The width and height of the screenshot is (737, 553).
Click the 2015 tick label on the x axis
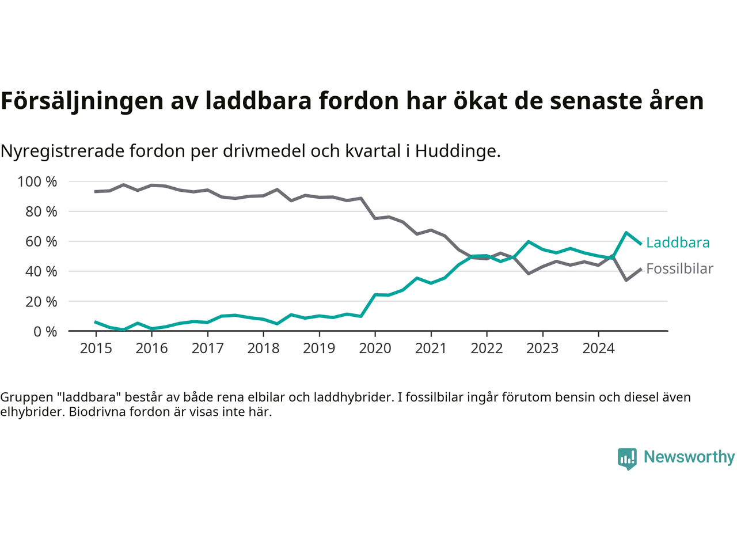click(x=96, y=348)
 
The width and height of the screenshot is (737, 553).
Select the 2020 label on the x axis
click(x=375, y=348)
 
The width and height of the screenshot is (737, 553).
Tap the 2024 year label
click(x=598, y=348)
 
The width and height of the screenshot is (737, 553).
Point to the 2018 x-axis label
click(x=263, y=348)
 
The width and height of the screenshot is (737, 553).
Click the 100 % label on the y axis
click(x=37, y=182)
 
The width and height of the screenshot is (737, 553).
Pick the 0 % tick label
click(x=45, y=331)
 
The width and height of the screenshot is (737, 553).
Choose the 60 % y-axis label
click(x=41, y=241)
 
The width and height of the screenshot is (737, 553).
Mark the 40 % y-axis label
click(x=41, y=271)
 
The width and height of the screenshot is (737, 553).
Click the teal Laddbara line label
click(x=678, y=243)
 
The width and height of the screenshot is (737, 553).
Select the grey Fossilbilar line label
click(x=679, y=269)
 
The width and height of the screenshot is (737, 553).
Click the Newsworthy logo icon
click(x=627, y=459)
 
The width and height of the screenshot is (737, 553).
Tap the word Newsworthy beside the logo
click(x=689, y=457)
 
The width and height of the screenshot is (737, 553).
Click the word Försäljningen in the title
click(x=82, y=101)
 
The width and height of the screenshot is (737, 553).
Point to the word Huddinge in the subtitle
click(x=458, y=151)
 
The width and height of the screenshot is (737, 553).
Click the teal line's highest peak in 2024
click(x=626, y=233)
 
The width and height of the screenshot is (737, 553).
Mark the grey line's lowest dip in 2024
click(x=626, y=280)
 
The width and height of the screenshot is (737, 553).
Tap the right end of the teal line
click(x=640, y=244)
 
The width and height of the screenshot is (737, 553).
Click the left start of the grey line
click(x=96, y=191)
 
